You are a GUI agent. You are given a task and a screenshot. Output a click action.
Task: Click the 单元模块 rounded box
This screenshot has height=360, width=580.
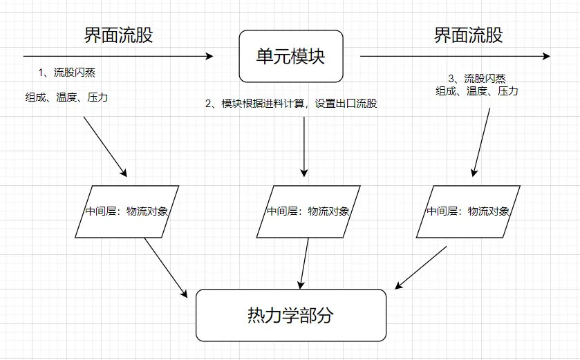pyautogui.click(x=291, y=56)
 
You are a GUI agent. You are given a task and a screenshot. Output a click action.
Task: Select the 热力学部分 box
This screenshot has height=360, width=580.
pyautogui.click(x=291, y=315)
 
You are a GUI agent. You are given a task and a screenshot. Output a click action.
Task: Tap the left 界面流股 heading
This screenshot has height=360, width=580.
pyautogui.click(x=118, y=35)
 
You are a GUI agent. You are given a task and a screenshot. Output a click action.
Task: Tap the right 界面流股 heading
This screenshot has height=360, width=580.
pyautogui.click(x=468, y=35)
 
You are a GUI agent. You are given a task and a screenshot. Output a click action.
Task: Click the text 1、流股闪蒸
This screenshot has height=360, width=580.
pyautogui.click(x=67, y=73)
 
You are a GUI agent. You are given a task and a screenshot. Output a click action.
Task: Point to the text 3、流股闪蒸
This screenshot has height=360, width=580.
pyautogui.click(x=477, y=79)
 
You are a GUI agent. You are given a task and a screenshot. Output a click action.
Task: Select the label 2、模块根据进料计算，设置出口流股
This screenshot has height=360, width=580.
pyautogui.click(x=291, y=104)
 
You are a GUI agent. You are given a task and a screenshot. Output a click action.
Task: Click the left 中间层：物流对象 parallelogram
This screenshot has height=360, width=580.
pyautogui.click(x=127, y=211)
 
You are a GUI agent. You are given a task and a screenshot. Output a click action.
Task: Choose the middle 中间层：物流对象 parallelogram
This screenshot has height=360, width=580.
pyautogui.click(x=308, y=211)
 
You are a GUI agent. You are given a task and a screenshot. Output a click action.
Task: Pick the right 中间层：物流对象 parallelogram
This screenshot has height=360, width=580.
pyautogui.click(x=468, y=211)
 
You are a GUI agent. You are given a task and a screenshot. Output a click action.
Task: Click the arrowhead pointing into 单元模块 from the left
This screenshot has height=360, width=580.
pyautogui.click(x=210, y=56)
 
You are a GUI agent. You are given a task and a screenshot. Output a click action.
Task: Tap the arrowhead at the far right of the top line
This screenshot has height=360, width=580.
pyautogui.click(x=547, y=56)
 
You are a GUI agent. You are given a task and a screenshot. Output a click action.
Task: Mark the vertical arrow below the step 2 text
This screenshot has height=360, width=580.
pyautogui.click(x=304, y=146)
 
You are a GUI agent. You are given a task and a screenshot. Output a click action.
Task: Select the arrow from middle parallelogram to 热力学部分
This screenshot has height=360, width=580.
pyautogui.click(x=304, y=263)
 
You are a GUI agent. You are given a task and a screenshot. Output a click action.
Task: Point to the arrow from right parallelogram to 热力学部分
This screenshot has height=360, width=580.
pyautogui.click(x=421, y=267)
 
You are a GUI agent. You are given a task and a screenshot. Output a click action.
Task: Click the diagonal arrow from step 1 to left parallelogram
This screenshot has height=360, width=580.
pyautogui.click(x=105, y=146)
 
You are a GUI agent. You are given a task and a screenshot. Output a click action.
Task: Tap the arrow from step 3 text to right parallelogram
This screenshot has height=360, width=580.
pyautogui.click(x=481, y=142)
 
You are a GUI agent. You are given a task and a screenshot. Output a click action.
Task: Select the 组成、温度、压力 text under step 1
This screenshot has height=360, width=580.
pyautogui.click(x=66, y=97)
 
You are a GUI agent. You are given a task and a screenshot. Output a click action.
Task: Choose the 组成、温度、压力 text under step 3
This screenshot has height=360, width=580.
pyautogui.click(x=477, y=91)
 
